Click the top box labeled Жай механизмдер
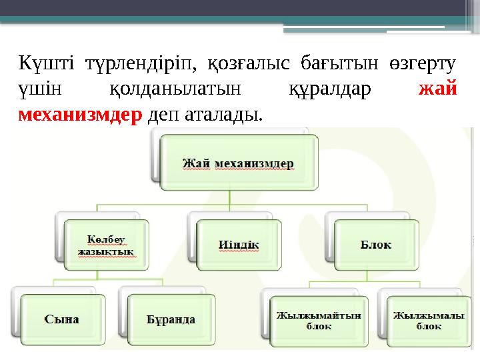click(x=239, y=162)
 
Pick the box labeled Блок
click(x=376, y=245)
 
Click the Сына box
click(x=62, y=319)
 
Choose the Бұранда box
click(x=171, y=319)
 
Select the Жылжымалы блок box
click(x=420, y=321)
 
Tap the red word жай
click(x=437, y=91)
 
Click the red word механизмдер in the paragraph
click(x=81, y=115)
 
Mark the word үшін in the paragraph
click(x=39, y=91)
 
